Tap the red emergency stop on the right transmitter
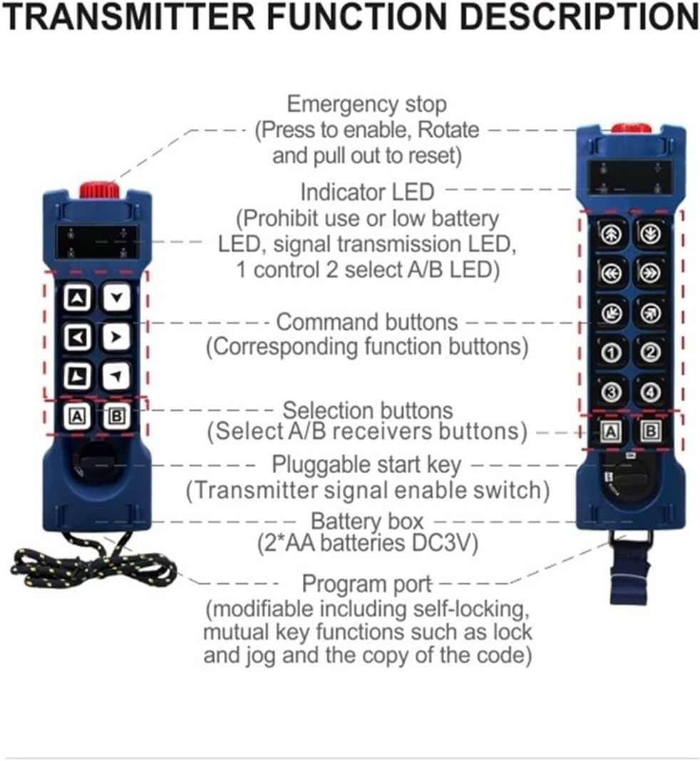pos(631,128)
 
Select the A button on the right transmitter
pos(610,431)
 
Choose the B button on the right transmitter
pos(650,431)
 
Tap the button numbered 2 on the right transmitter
pos(650,351)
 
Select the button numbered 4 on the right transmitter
pos(650,391)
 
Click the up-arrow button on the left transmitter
pos(76,297)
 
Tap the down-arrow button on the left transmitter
pos(115,297)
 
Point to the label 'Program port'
pos(366,584)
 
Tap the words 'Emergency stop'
pos(366,105)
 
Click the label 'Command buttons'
pos(366,322)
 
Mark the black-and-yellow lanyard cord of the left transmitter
pos(93,566)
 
